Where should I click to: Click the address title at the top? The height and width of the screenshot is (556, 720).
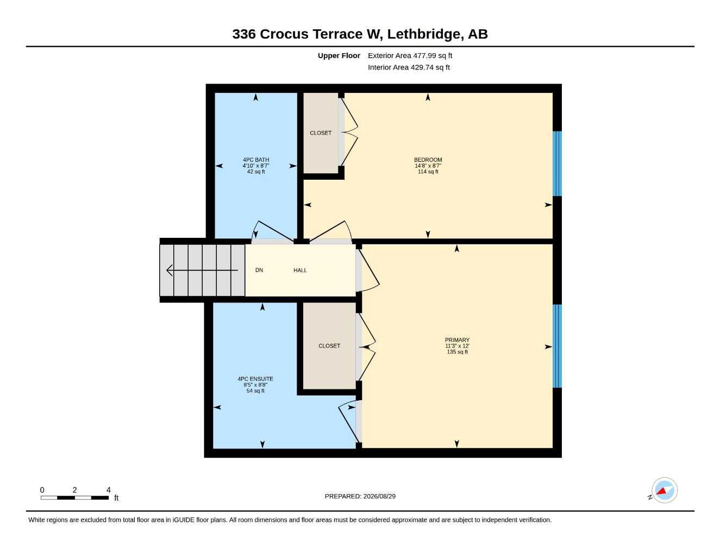tap(360, 34)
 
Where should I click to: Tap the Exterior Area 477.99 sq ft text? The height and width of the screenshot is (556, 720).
tap(410, 55)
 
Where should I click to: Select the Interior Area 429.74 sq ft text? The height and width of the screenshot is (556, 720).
tap(409, 67)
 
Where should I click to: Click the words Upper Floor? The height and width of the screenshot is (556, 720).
tap(339, 55)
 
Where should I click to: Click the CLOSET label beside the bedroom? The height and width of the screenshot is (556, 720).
tap(321, 133)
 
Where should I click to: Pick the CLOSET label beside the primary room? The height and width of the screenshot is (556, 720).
tap(329, 346)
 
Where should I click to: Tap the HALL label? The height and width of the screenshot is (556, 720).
tap(300, 270)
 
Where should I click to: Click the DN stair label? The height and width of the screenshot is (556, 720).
tap(259, 270)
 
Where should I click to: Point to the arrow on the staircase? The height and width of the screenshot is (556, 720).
tap(202, 270)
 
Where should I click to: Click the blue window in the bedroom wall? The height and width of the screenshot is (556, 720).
tap(557, 164)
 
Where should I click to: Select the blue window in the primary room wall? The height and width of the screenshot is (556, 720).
tap(557, 346)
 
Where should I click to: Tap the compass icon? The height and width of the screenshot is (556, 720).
tap(664, 490)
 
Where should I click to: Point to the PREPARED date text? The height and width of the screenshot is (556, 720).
tap(360, 496)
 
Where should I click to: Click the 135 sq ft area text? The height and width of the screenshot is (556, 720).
tap(457, 352)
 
